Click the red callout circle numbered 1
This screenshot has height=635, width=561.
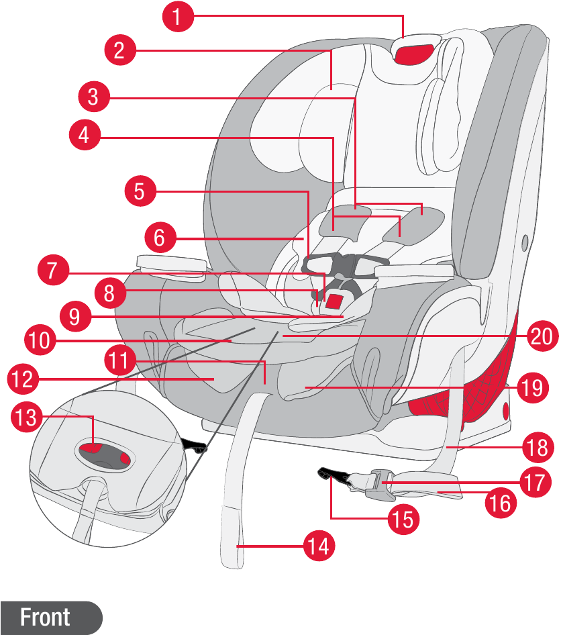click(178, 16)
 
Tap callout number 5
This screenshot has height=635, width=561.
click(140, 191)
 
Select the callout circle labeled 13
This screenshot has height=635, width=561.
click(27, 417)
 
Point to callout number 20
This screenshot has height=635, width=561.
click(542, 336)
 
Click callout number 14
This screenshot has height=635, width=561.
click(319, 546)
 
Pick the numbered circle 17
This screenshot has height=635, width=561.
click(535, 482)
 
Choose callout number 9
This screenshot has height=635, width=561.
click(75, 316)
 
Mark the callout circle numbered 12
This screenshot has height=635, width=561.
click(23, 379)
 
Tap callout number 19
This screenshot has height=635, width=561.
click(533, 387)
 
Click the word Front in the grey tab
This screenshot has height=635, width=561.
click(45, 617)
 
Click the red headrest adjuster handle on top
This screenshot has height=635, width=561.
click(414, 54)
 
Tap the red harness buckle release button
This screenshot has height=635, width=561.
click(335, 301)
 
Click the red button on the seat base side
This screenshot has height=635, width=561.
click(505, 411)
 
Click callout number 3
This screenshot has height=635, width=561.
click(94, 97)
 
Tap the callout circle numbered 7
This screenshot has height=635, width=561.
click(54, 270)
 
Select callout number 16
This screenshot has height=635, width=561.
click(501, 503)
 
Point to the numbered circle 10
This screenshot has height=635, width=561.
click(40, 340)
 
